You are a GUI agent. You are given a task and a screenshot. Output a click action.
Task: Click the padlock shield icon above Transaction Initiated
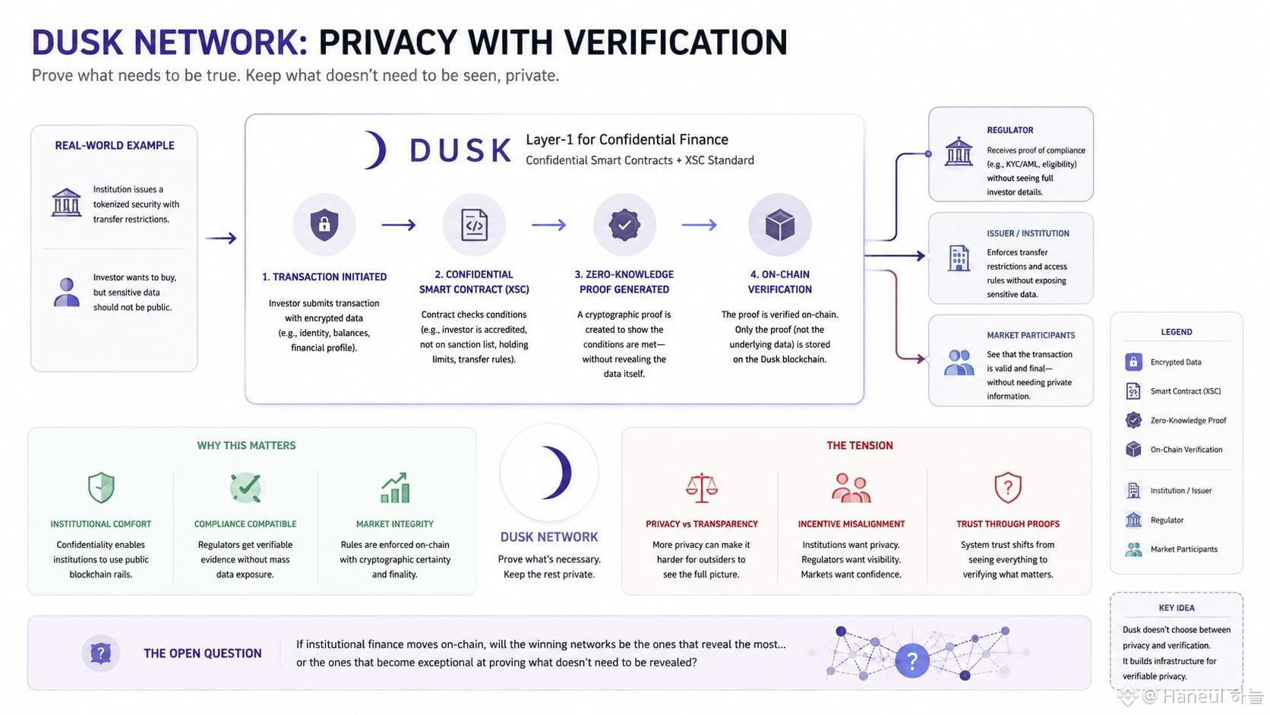click(324, 225)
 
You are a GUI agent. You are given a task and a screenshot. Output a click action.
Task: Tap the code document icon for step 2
click(474, 225)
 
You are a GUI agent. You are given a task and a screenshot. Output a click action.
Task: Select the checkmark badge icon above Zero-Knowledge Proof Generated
click(624, 225)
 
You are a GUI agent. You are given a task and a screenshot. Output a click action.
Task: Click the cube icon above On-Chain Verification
click(779, 225)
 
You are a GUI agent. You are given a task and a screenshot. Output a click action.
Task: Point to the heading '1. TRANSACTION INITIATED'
click(324, 277)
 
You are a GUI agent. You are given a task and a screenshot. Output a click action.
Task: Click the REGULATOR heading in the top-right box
click(1009, 130)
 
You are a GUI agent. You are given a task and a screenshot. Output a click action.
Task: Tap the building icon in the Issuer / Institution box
click(959, 258)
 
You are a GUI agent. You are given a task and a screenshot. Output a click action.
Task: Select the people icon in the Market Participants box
click(959, 363)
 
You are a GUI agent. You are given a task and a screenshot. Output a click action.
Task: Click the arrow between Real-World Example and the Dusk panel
click(220, 238)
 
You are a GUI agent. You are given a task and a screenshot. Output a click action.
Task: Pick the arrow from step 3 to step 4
click(699, 225)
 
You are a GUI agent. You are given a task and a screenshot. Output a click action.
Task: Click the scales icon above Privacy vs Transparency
click(701, 488)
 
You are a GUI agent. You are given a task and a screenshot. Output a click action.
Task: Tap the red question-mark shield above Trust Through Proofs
click(1007, 487)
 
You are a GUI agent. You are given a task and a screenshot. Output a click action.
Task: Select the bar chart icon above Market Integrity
click(395, 488)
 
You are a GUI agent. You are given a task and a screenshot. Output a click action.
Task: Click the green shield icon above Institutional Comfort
click(101, 488)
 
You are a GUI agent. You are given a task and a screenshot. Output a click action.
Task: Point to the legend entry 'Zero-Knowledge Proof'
click(1188, 420)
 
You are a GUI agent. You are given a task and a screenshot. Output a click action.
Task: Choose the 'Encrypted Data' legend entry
click(1175, 362)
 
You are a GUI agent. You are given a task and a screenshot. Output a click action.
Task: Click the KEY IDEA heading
click(1176, 608)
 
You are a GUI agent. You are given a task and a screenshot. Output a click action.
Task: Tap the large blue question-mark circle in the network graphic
click(911, 660)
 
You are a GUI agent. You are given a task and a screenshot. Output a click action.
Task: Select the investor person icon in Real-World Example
click(66, 292)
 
